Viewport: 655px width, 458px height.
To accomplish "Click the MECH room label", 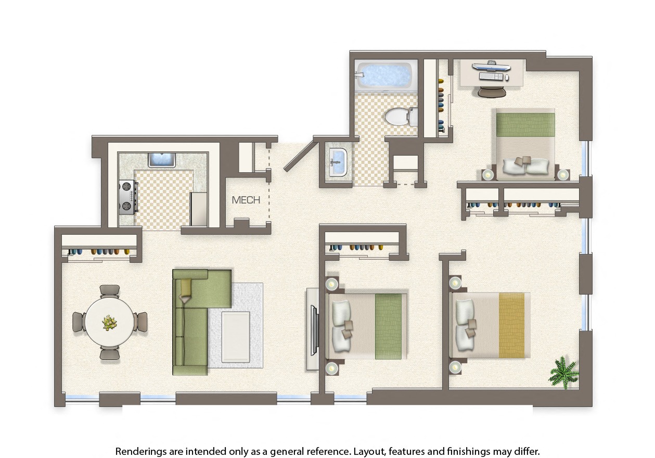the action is (x=246, y=200).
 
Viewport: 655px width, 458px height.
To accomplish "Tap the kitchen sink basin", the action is (x=162, y=160).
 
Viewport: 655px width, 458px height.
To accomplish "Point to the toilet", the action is (x=401, y=117).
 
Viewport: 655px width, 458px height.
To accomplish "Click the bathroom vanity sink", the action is (x=338, y=162).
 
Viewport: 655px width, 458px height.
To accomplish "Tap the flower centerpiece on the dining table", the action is (x=110, y=323).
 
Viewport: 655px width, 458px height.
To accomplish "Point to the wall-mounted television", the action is (x=314, y=330).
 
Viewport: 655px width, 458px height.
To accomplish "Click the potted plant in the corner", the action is (x=564, y=373).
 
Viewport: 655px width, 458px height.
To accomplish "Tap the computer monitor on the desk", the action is (x=491, y=67).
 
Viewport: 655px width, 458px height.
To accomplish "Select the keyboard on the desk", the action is (x=491, y=77).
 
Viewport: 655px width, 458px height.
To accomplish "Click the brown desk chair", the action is (x=492, y=91).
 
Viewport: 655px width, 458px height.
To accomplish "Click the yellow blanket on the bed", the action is (x=512, y=325).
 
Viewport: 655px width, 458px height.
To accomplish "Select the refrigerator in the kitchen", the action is (x=199, y=209).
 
